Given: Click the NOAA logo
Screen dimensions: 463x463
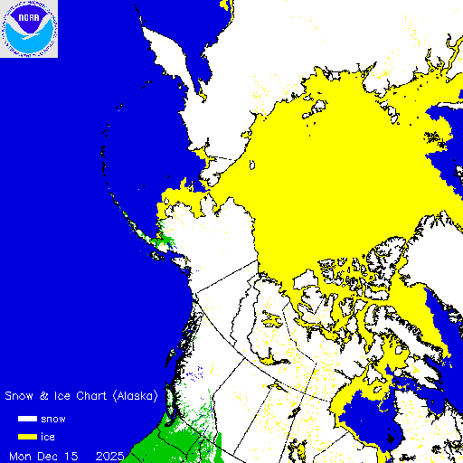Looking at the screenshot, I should coord(29,29).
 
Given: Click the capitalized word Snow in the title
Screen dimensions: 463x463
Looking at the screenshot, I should coord(22,396).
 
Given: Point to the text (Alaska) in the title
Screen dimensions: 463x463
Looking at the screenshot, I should coord(137,396).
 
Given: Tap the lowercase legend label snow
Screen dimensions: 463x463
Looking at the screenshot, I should coord(65,419).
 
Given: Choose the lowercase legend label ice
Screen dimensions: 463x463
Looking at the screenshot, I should coord(60,437).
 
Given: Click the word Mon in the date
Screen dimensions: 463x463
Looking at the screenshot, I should coord(22,454).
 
